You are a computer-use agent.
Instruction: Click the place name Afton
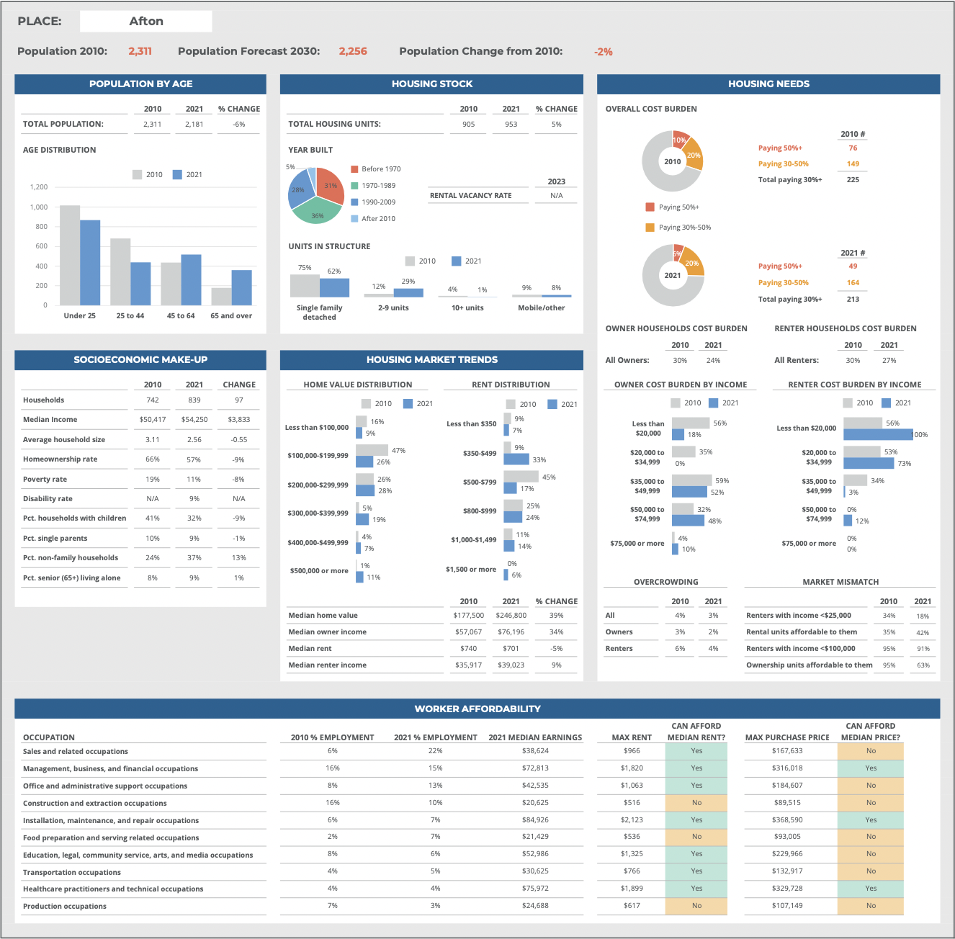click(146, 22)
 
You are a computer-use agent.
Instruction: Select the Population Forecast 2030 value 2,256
click(353, 51)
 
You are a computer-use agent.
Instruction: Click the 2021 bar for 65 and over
click(242, 287)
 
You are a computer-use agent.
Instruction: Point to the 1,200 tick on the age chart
click(39, 187)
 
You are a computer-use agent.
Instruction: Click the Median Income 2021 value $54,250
click(194, 420)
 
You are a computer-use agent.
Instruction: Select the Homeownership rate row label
click(60, 459)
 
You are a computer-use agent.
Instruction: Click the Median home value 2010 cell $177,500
click(468, 616)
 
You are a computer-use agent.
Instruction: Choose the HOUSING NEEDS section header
click(768, 84)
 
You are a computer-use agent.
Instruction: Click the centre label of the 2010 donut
click(673, 161)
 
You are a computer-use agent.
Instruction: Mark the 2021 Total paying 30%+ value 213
click(853, 300)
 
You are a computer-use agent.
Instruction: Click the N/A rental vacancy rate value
click(556, 196)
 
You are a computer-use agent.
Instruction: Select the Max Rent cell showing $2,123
click(632, 820)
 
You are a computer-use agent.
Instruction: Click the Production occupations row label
click(65, 907)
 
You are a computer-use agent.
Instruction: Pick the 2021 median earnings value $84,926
click(535, 820)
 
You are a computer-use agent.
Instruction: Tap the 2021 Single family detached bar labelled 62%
click(334, 287)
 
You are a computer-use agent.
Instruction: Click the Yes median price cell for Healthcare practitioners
click(871, 889)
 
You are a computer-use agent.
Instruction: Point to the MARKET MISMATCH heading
click(840, 582)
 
